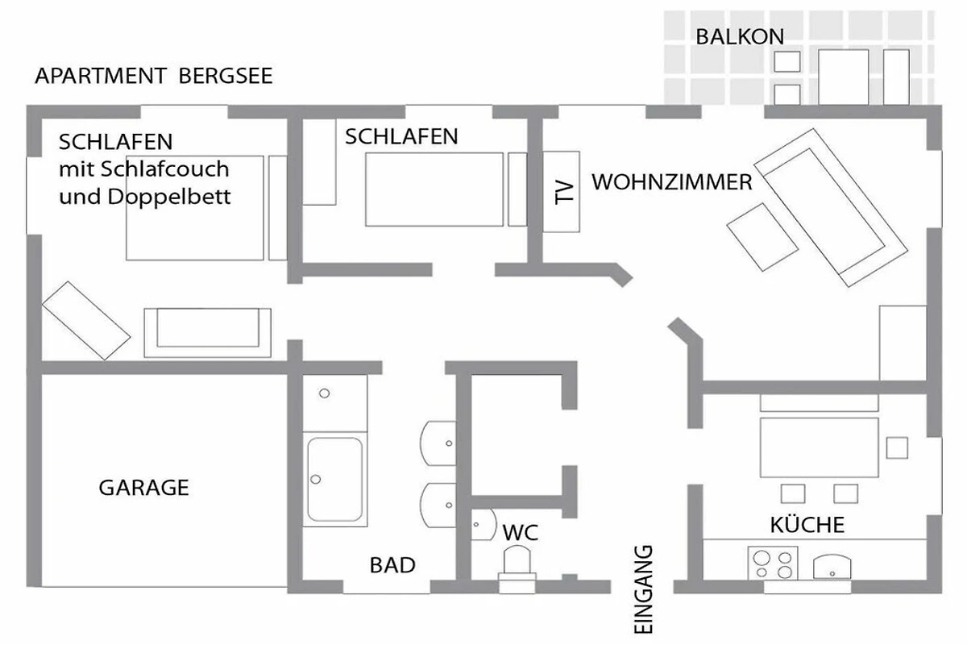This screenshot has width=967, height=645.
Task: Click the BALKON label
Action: click(x=740, y=37)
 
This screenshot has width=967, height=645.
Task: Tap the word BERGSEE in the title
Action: click(x=226, y=76)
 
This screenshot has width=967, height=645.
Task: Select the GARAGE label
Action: click(x=143, y=488)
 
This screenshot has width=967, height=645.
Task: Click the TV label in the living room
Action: click(x=564, y=192)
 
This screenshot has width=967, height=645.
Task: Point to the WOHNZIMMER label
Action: click(x=672, y=182)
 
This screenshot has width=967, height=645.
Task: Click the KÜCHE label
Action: click(x=807, y=525)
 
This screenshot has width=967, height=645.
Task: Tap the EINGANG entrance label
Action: click(x=643, y=589)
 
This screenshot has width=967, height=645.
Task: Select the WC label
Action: click(x=521, y=533)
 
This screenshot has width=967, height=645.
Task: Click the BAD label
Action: click(x=392, y=565)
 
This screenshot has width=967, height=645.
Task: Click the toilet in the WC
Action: click(x=517, y=569)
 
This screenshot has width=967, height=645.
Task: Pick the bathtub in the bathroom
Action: click(x=335, y=480)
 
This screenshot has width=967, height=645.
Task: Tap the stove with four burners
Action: click(x=773, y=563)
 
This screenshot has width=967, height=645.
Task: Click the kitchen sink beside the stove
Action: click(x=832, y=567)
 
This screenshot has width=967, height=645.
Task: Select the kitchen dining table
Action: click(x=819, y=447)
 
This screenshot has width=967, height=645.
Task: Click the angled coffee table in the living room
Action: click(x=762, y=237)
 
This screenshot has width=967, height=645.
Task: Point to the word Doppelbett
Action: click(x=169, y=197)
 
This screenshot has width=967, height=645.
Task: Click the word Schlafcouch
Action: click(x=165, y=169)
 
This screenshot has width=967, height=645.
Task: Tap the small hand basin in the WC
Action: click(x=483, y=525)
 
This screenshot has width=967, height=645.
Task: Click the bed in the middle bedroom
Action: click(x=434, y=189)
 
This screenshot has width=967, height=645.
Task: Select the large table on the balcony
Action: click(x=844, y=77)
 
